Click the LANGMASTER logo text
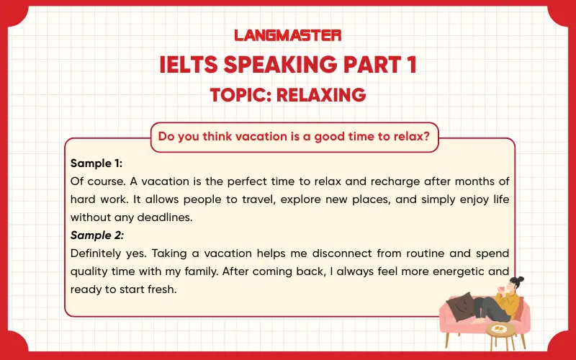point(288,35)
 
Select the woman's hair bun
point(521,278)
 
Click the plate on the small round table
point(498,328)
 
